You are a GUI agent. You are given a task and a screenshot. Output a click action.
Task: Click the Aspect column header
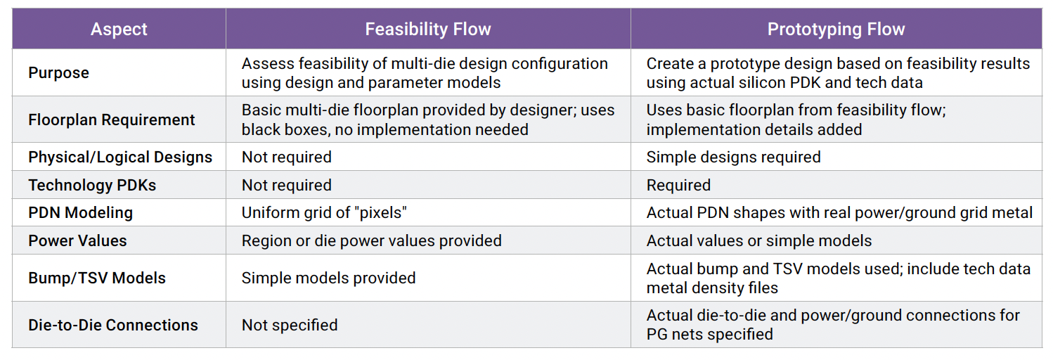[119, 30]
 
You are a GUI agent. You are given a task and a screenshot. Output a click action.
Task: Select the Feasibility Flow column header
[427, 30]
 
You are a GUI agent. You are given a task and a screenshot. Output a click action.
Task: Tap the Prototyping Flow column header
[836, 30]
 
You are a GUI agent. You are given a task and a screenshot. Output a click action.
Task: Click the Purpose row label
[59, 73]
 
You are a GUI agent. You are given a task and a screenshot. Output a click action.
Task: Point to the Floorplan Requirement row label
[112, 120]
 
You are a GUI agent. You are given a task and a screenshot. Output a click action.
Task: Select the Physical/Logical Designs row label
[120, 157]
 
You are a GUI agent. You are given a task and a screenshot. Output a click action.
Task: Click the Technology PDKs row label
[92, 185]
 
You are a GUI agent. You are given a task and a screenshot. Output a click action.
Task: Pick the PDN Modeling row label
[80, 212]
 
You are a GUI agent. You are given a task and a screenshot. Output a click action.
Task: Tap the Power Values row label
[77, 240]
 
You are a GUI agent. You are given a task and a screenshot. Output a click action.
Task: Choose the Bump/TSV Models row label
[97, 278]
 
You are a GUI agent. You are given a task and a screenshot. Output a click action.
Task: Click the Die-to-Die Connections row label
[113, 325]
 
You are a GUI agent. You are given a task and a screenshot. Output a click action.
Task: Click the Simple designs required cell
[733, 157]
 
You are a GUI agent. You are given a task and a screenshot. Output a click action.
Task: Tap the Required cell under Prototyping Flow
[678, 185]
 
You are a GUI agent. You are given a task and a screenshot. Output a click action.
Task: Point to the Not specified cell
[290, 325]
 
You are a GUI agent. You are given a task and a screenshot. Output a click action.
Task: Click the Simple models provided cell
[328, 278]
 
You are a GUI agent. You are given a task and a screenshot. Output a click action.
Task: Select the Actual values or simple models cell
[758, 240]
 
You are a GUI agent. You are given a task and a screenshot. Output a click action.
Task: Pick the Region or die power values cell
[371, 240]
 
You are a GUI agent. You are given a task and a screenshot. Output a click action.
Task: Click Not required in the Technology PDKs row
[286, 185]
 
